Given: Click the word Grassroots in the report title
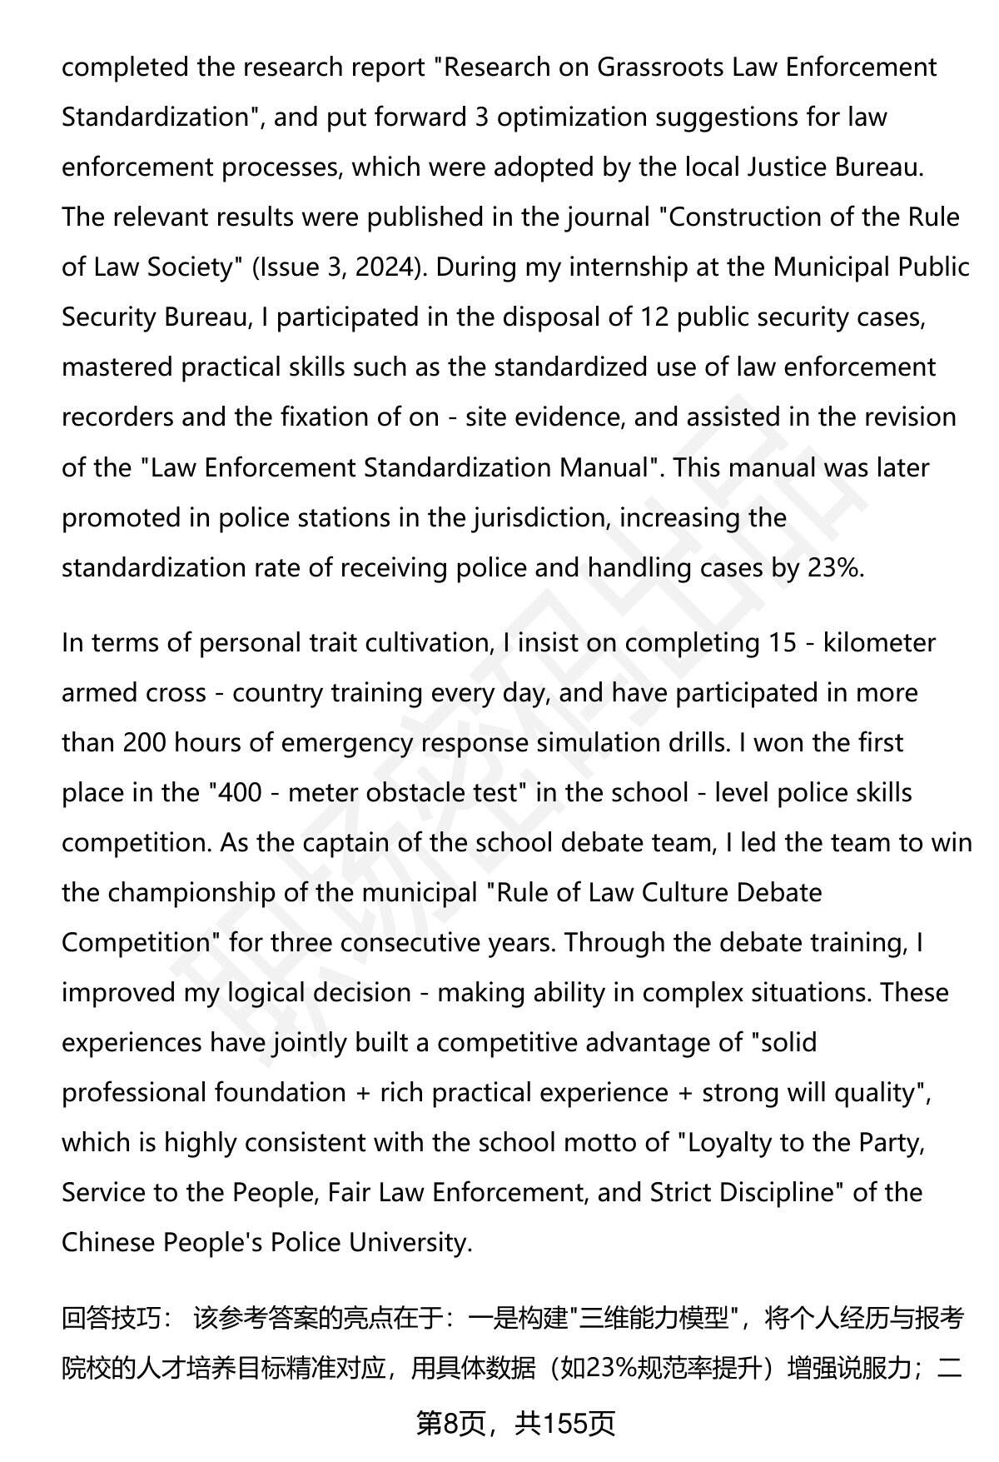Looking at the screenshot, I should point(660,67).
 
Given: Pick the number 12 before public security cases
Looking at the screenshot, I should point(654,317).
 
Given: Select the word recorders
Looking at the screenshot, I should point(117,417).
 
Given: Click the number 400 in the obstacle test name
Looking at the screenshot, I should point(241,792).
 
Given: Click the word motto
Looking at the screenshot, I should point(607,1142).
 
